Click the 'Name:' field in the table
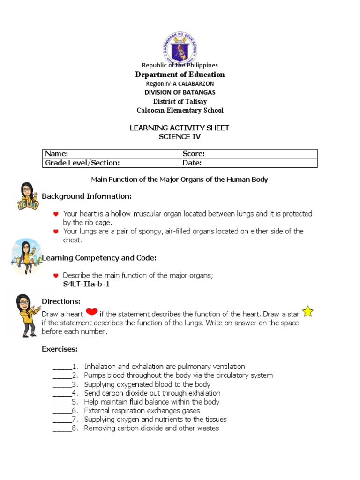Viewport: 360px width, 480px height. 111,154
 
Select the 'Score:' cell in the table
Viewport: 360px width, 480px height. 248,154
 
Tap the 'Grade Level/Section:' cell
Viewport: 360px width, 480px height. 111,163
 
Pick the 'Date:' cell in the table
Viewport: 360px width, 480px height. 248,163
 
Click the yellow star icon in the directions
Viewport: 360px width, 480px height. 307,311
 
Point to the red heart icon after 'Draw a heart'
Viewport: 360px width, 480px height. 92,313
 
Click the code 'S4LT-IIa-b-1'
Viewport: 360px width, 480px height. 86,284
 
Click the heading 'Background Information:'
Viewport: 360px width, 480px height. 87,196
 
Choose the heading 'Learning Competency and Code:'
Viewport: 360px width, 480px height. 99,258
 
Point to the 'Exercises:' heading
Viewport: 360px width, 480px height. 60,349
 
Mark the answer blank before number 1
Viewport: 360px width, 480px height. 62,367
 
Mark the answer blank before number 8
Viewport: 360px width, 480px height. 62,428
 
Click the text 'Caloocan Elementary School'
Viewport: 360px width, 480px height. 180,111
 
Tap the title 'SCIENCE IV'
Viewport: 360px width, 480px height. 180,136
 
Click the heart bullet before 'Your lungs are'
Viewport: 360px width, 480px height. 55,232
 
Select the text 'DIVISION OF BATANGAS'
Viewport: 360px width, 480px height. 180,92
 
